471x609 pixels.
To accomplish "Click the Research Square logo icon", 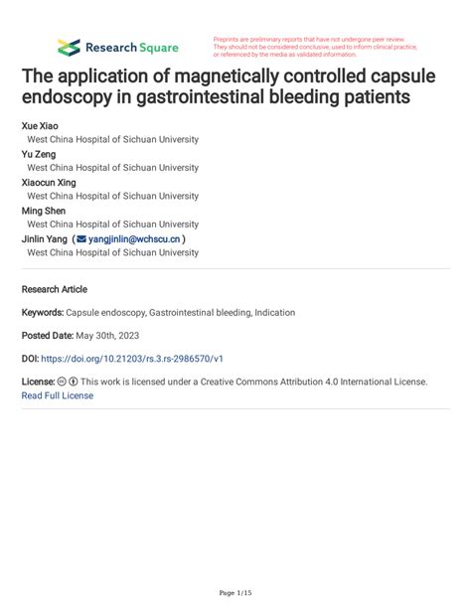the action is tap(68, 47).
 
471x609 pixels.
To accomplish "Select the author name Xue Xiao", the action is tap(40, 127).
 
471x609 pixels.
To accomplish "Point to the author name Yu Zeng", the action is tap(39, 155).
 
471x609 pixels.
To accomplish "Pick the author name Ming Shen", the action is tap(44, 211).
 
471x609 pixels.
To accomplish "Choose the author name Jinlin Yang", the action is tap(45, 239).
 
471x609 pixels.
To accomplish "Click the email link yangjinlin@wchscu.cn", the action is tap(134, 239).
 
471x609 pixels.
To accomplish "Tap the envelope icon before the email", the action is tap(80, 239).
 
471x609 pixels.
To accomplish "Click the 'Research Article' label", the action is tap(55, 289).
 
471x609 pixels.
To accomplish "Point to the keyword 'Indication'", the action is tap(274, 313).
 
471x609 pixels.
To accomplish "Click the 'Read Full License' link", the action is tap(57, 395).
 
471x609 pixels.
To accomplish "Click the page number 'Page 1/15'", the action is tap(235, 592).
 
